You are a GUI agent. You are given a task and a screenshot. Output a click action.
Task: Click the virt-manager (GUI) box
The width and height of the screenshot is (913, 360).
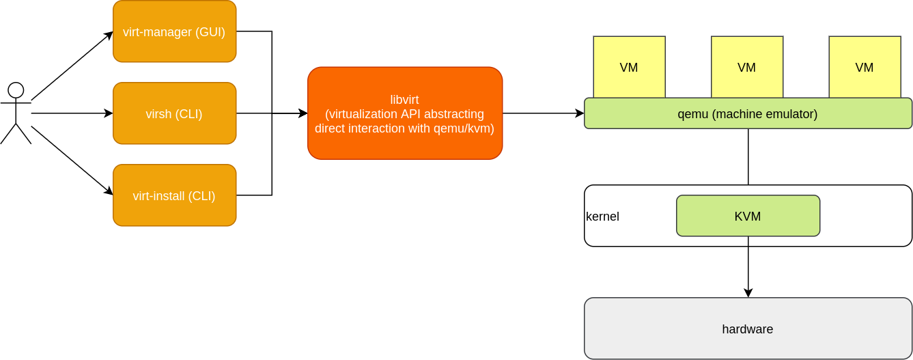click(174, 31)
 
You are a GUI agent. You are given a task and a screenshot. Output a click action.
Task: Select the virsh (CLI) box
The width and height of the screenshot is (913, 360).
click(174, 113)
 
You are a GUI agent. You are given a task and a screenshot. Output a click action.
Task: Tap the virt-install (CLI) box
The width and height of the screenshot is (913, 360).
click(174, 195)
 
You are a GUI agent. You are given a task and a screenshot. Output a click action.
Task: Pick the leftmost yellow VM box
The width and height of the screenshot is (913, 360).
click(629, 67)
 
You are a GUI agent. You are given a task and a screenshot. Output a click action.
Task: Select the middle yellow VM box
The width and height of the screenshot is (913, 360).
click(746, 67)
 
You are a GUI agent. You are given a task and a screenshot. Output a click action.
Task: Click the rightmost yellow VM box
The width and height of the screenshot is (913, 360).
click(865, 67)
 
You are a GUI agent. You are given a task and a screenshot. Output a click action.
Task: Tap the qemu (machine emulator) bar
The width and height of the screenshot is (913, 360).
click(748, 113)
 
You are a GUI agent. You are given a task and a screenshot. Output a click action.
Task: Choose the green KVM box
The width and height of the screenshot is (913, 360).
click(748, 216)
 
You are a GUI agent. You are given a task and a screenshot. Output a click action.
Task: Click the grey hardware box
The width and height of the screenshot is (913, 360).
click(748, 329)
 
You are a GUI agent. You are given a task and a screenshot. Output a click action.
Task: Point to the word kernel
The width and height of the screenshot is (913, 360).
click(602, 217)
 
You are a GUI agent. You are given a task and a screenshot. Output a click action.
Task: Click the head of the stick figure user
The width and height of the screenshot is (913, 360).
click(16, 90)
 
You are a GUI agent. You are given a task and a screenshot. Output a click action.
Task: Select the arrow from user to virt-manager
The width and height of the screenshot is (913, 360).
click(72, 66)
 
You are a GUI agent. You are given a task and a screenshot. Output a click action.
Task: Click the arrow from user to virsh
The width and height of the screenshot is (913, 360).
click(72, 113)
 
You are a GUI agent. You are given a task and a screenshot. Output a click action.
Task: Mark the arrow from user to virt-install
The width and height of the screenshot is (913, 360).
click(72, 161)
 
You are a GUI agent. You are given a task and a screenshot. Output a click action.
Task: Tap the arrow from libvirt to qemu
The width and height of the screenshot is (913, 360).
click(543, 113)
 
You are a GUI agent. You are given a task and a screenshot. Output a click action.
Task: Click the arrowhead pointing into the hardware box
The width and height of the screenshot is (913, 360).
click(748, 293)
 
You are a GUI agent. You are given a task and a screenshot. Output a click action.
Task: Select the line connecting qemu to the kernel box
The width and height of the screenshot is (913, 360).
click(748, 156)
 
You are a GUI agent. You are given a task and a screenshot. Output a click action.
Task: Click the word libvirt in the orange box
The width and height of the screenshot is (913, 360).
click(404, 100)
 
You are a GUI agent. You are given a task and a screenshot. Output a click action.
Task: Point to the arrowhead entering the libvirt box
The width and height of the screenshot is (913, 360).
click(303, 113)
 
